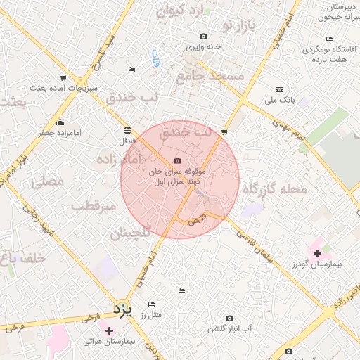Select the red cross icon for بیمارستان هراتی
pos(109,330)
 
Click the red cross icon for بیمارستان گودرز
pos(317,253)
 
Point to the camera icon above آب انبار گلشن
pos(229,319)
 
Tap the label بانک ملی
pos(279,101)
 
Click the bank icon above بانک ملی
pos(279,90)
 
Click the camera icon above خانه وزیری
pos(204,37)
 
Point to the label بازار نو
pos(236,27)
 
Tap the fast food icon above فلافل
pos(127,130)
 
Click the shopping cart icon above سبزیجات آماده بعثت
pos(64,78)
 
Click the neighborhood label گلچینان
pos(130,233)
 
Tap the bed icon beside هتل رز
pos(151,304)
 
